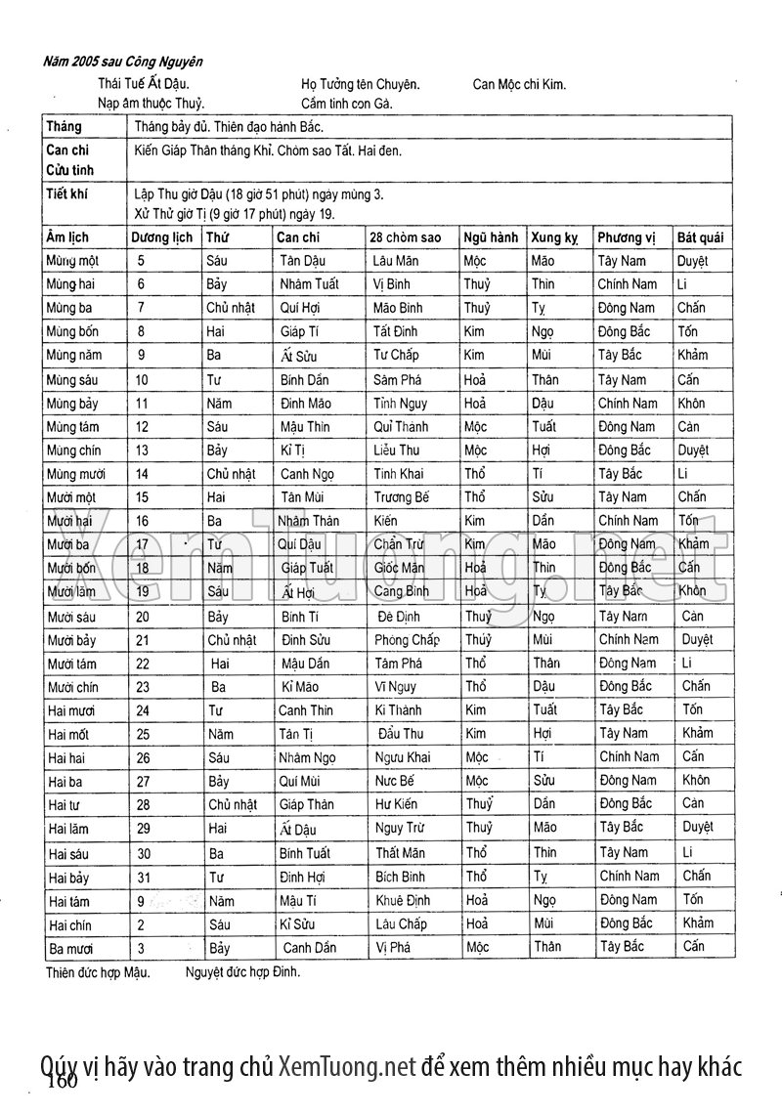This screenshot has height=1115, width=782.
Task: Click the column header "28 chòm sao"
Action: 405,237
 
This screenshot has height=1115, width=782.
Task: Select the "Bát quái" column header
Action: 700,237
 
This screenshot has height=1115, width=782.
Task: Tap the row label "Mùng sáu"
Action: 71,379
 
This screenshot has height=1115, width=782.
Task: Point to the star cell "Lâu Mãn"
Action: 396,261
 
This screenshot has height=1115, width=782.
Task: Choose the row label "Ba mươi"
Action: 68,947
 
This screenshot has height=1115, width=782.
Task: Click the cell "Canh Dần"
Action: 309,947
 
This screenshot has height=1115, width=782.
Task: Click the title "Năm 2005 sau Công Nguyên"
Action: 123,62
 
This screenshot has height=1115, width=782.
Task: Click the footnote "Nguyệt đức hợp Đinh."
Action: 242,972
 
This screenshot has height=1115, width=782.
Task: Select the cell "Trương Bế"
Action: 401,497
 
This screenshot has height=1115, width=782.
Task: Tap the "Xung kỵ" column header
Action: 554,237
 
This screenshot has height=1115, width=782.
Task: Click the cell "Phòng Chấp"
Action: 407,640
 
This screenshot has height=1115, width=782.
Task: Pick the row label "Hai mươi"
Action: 71,710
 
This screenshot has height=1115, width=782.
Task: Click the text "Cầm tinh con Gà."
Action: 347,103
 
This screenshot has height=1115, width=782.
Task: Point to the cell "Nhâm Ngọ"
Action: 307,757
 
